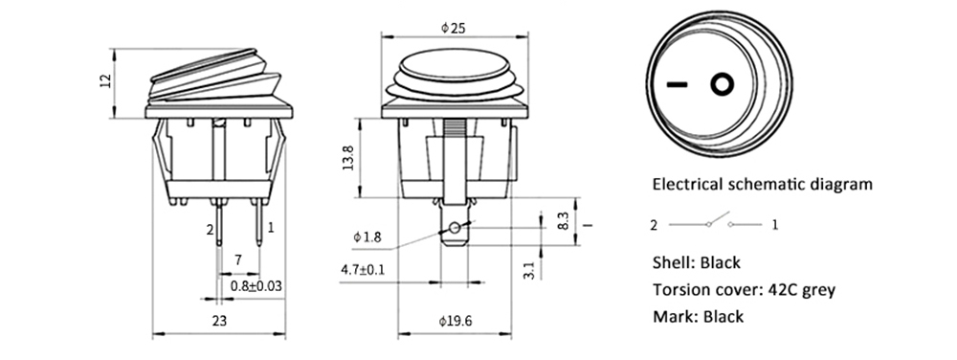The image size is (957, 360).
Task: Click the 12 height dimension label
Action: click(105, 81)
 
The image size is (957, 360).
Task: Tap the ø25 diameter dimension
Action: click(454, 27)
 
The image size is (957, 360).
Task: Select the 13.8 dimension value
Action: click(348, 157)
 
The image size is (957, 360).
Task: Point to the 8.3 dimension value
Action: click(564, 221)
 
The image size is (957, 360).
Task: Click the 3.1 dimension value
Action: click(529, 270)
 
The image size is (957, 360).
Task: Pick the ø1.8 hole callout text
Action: click(367, 237)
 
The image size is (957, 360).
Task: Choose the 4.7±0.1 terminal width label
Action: click(363, 270)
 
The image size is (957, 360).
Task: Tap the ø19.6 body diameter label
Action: click(456, 321)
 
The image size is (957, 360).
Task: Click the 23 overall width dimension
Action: click(219, 321)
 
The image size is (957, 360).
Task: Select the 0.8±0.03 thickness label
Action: click(256, 285)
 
